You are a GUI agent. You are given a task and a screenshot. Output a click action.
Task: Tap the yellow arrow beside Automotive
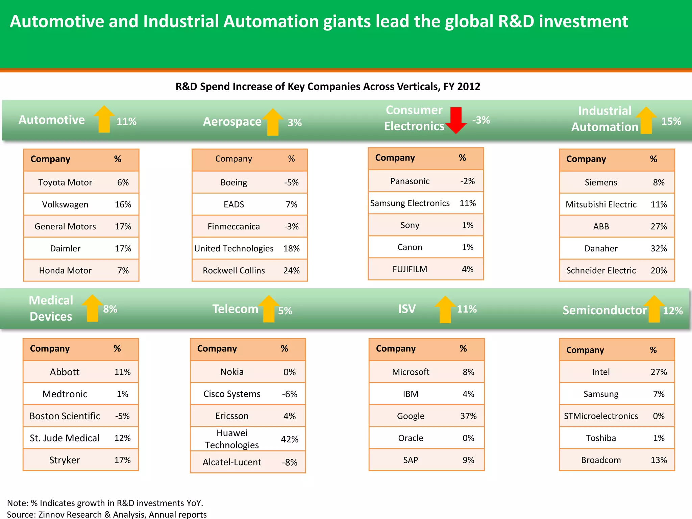[x=104, y=119]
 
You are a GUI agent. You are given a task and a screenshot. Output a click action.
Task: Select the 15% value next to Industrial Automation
[x=671, y=121]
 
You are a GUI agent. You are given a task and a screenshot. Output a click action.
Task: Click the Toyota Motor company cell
[x=65, y=182]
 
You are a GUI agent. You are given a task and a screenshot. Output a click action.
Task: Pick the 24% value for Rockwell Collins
[x=291, y=270]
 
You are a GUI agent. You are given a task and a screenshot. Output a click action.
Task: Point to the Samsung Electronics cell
[x=410, y=203]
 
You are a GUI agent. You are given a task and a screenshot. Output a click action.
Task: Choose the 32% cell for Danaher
[x=659, y=248]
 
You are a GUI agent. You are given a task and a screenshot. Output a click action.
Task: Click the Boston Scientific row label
[x=65, y=416]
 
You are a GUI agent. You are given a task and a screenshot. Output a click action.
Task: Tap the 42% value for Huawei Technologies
[x=290, y=439]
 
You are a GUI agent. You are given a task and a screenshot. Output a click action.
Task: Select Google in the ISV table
[x=411, y=416]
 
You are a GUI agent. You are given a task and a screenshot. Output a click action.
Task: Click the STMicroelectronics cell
[x=601, y=416]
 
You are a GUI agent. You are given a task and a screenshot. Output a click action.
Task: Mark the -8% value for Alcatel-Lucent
[x=290, y=462]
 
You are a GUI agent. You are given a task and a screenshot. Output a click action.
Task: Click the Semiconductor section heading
[x=604, y=310]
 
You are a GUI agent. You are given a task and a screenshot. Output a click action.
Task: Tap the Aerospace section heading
[x=232, y=121]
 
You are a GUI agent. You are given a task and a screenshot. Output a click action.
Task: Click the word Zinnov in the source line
[x=52, y=514]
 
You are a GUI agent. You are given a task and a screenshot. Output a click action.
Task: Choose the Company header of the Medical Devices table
[x=50, y=348]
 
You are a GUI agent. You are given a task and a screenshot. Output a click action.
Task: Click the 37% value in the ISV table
[x=468, y=416]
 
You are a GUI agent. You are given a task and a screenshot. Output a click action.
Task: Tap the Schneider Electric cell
[x=601, y=270]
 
